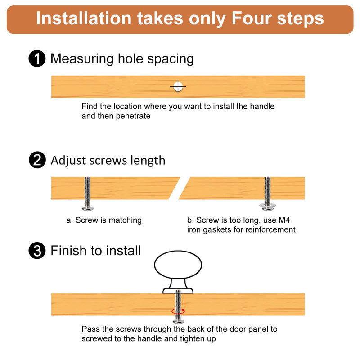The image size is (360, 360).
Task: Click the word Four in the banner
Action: tap(252, 18)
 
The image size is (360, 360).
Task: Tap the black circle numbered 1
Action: tap(37, 58)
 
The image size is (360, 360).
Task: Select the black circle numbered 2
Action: tap(37, 160)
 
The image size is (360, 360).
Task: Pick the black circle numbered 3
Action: tap(37, 251)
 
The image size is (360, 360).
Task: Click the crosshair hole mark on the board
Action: tap(178, 87)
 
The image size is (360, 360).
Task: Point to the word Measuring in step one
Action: tap(82, 59)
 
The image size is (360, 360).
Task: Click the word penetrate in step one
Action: tap(133, 116)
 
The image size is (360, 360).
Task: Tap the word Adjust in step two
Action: tap(68, 161)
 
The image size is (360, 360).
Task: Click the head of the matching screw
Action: tap(87, 209)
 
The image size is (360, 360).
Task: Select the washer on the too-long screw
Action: tap(267, 205)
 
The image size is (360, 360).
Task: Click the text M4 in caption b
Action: tap(284, 220)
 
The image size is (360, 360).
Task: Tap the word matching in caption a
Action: tap(125, 220)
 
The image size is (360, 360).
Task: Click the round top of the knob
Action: tap(178, 265)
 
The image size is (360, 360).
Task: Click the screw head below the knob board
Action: tap(178, 321)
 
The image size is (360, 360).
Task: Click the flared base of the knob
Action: tap(178, 291)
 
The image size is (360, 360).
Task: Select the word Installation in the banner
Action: tap(84, 18)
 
